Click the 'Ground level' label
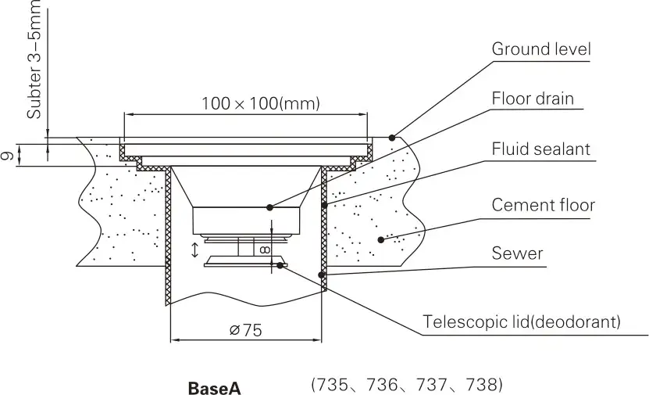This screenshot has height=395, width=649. point(540,49)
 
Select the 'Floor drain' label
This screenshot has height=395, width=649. point(533,99)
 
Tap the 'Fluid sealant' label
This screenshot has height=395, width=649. point(540,149)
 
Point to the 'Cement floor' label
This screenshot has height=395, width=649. point(543,205)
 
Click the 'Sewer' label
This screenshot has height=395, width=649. point(517,253)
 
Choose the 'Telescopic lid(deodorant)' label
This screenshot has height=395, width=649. point(522,321)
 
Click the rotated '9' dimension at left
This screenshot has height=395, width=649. point(7,156)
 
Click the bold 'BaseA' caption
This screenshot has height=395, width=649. point(213,387)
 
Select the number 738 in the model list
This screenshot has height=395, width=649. point(482,386)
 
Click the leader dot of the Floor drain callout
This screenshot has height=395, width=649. point(269,207)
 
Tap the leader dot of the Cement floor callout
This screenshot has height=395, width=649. point(380,239)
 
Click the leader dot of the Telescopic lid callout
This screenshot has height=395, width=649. point(280,264)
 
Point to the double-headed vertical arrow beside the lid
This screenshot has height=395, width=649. point(194,250)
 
